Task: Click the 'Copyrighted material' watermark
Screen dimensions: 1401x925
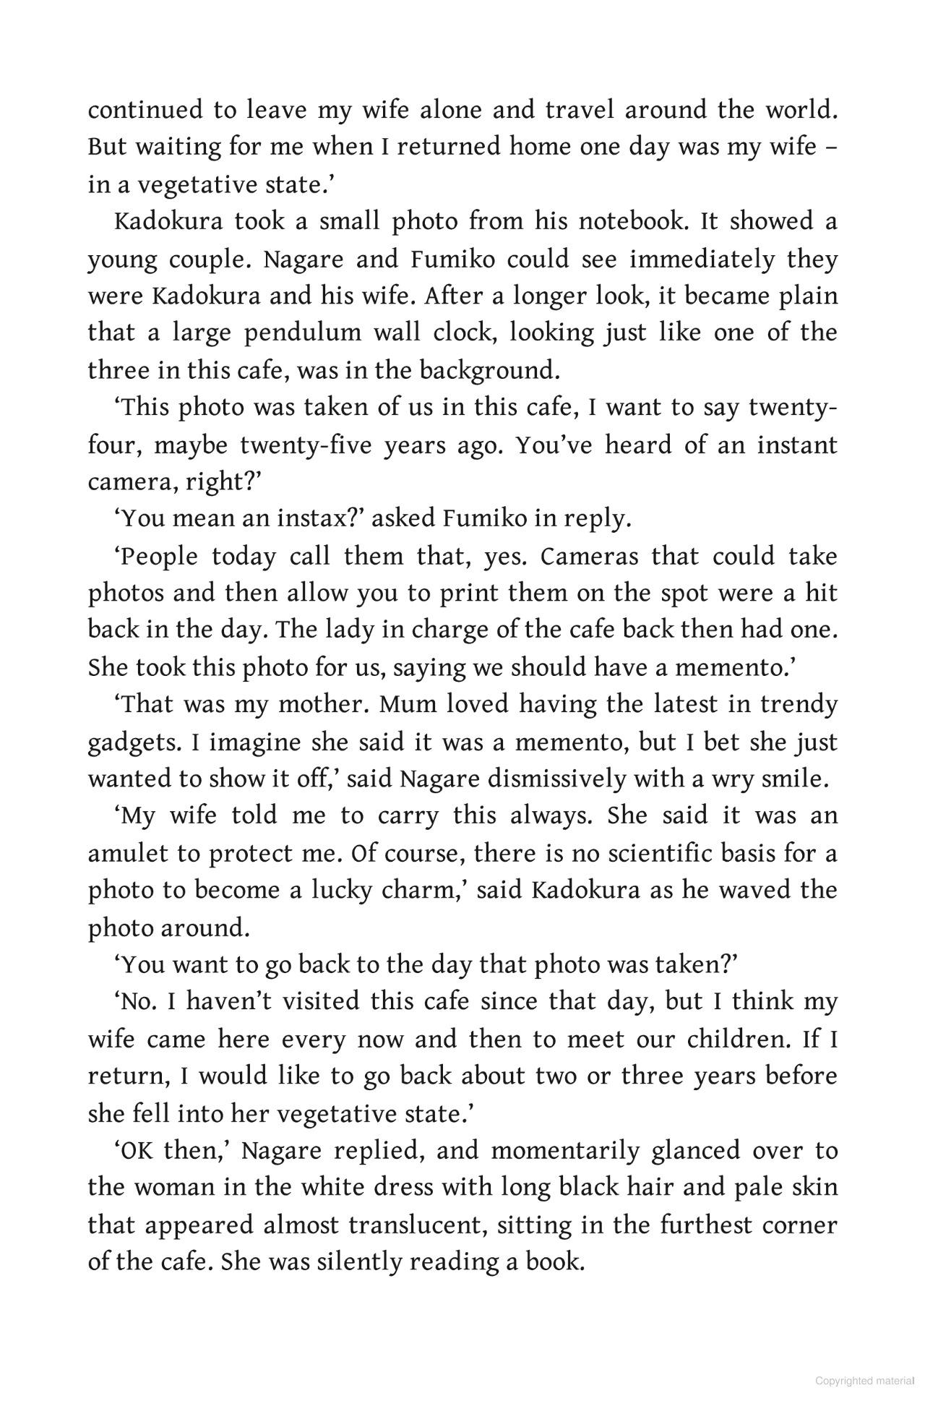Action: pyautogui.click(x=864, y=1381)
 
